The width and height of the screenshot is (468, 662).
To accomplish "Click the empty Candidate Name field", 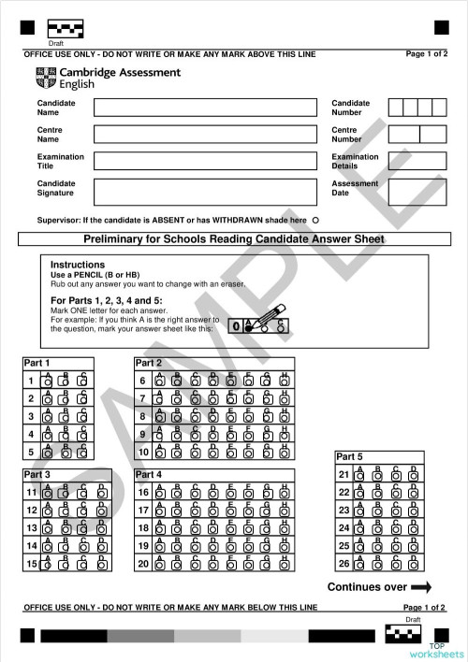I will pyautogui.click(x=205, y=107).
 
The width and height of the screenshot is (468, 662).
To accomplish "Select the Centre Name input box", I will pyautogui.click(x=205, y=134).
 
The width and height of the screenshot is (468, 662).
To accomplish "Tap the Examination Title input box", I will pyautogui.click(x=205, y=161).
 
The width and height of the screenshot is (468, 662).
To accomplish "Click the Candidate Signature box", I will pyautogui.click(x=205, y=192).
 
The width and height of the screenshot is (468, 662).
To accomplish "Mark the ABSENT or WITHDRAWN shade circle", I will pyautogui.click(x=315, y=220).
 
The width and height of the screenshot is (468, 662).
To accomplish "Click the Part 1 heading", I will pyautogui.click(x=37, y=363).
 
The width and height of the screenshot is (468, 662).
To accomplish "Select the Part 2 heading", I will pyautogui.click(x=149, y=363).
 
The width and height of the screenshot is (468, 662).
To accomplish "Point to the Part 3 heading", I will pyautogui.click(x=37, y=475).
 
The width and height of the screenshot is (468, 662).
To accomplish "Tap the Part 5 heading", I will pyautogui.click(x=349, y=456).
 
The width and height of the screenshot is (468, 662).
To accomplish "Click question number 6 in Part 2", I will pyautogui.click(x=142, y=381).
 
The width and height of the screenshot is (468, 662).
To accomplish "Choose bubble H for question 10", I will pyautogui.click(x=285, y=453).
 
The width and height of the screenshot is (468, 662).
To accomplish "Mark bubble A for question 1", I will pyautogui.click(x=47, y=381).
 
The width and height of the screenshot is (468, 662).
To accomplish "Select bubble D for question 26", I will pyautogui.click(x=413, y=564).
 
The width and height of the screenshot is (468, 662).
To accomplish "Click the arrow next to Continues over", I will pyautogui.click(x=420, y=587).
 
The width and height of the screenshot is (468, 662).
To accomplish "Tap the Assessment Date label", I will pyautogui.click(x=354, y=188).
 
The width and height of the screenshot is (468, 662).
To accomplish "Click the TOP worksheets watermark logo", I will pyautogui.click(x=446, y=650).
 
